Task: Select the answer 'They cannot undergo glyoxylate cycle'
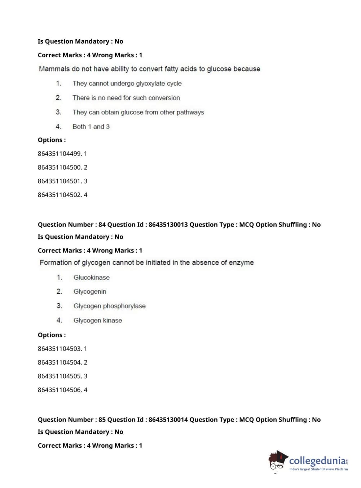127,83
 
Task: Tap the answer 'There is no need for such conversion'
126,98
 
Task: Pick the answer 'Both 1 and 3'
91,127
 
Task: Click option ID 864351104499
60,154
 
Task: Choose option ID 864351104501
60,181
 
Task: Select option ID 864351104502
60,195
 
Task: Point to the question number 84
102,225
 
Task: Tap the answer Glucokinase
91,277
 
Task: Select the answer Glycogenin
90,292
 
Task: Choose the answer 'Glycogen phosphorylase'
109,306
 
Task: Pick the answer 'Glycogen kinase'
97,320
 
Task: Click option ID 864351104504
60,362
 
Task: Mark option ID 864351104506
60,390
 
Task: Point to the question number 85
102,420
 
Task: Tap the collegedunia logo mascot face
277,462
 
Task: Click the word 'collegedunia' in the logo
317,461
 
